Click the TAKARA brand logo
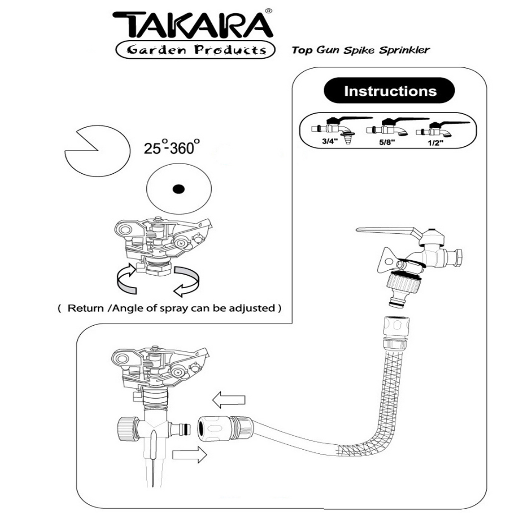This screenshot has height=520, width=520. point(192,25)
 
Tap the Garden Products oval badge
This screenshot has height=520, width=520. point(196,50)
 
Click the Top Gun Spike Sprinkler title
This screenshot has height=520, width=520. point(361,50)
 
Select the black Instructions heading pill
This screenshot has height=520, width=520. point(389,91)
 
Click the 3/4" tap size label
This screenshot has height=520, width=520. point(330,141)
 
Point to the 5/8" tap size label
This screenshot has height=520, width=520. point(387,142)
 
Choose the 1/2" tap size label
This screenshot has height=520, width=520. point(435,143)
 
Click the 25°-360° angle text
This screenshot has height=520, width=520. point(172,148)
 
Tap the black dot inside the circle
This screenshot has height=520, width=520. point(178,189)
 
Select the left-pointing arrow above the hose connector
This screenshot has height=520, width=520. point(229,400)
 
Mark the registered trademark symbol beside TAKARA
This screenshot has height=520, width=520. point(268,11)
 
